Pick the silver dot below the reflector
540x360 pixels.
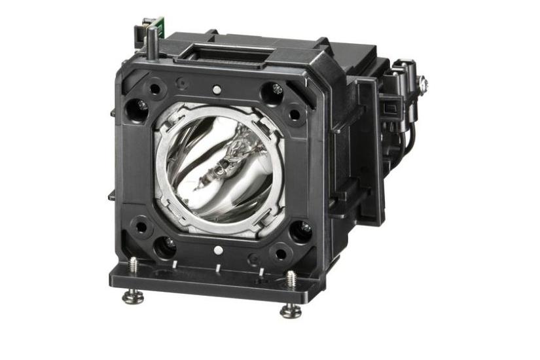(215, 249)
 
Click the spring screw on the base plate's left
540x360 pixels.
(134, 265)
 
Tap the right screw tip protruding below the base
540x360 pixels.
(291, 312)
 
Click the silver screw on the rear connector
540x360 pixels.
(423, 82)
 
